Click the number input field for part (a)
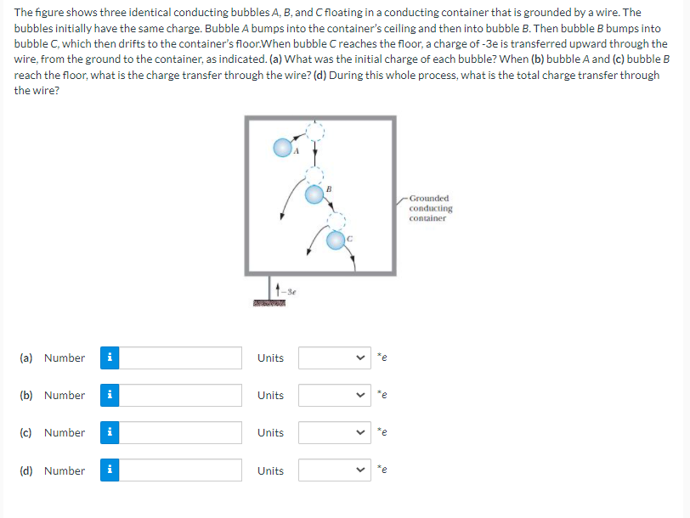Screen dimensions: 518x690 (x=182, y=358)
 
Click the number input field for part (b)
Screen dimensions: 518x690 (x=182, y=396)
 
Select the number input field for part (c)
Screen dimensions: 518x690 (x=182, y=433)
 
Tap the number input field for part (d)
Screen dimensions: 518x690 (x=182, y=470)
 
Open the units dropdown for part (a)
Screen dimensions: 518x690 (x=336, y=358)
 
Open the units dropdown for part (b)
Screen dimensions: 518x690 (x=336, y=396)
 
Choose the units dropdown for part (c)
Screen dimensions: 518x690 (x=336, y=433)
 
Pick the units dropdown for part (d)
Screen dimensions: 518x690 (x=336, y=470)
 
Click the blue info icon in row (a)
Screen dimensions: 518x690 (x=109, y=358)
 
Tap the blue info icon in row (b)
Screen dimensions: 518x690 (x=109, y=396)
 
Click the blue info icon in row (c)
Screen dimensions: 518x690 (x=109, y=433)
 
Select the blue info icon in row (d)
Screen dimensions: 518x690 (x=109, y=470)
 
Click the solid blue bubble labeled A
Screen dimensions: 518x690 (x=282, y=148)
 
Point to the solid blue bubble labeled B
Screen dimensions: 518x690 (x=314, y=194)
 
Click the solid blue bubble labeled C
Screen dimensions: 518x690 (x=337, y=240)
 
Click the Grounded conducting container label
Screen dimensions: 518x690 (x=430, y=208)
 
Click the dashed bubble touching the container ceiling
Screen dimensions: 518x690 (x=315, y=131)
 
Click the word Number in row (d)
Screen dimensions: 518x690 (x=65, y=470)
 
